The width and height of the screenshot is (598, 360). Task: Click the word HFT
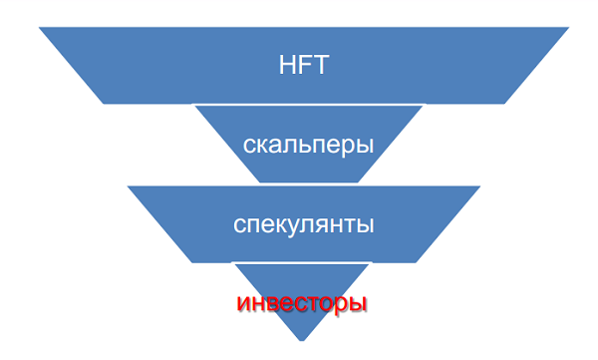point(303,67)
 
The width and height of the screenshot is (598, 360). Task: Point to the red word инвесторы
point(302,301)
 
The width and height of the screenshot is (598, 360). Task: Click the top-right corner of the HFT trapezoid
point(564,29)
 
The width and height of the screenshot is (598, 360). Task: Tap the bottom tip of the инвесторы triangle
point(302,342)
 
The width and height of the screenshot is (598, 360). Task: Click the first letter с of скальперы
point(249,146)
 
